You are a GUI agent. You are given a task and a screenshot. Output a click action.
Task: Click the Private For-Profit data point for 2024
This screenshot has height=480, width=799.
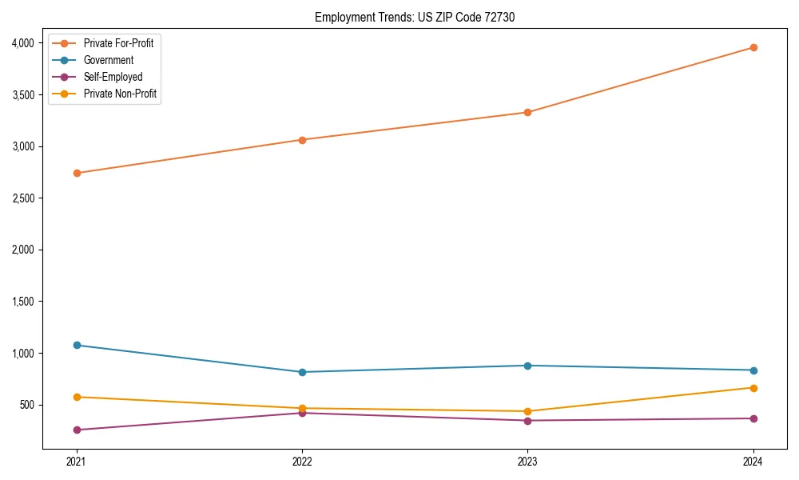[x=753, y=47]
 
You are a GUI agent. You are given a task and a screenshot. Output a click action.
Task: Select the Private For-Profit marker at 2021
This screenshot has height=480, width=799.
[x=77, y=173]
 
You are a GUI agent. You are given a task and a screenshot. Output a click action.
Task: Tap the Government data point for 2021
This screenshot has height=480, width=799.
[x=77, y=345]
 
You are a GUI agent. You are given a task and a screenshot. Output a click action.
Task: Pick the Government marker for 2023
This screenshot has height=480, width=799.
[x=527, y=366]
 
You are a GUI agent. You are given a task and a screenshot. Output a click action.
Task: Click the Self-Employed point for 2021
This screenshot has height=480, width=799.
[x=77, y=430]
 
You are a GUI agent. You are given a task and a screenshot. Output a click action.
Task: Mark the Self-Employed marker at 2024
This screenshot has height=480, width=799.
[x=753, y=418]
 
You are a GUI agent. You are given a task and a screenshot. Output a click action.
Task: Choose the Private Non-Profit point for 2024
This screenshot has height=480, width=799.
[x=753, y=388]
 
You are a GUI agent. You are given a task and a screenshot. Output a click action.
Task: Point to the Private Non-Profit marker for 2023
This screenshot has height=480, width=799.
[x=527, y=411]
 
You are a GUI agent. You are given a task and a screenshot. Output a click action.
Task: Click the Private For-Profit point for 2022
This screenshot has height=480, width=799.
[x=302, y=140]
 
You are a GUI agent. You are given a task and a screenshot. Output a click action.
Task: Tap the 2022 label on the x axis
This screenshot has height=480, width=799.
[x=302, y=461]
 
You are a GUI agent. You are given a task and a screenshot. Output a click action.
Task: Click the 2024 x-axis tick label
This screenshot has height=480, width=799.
[x=753, y=461]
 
